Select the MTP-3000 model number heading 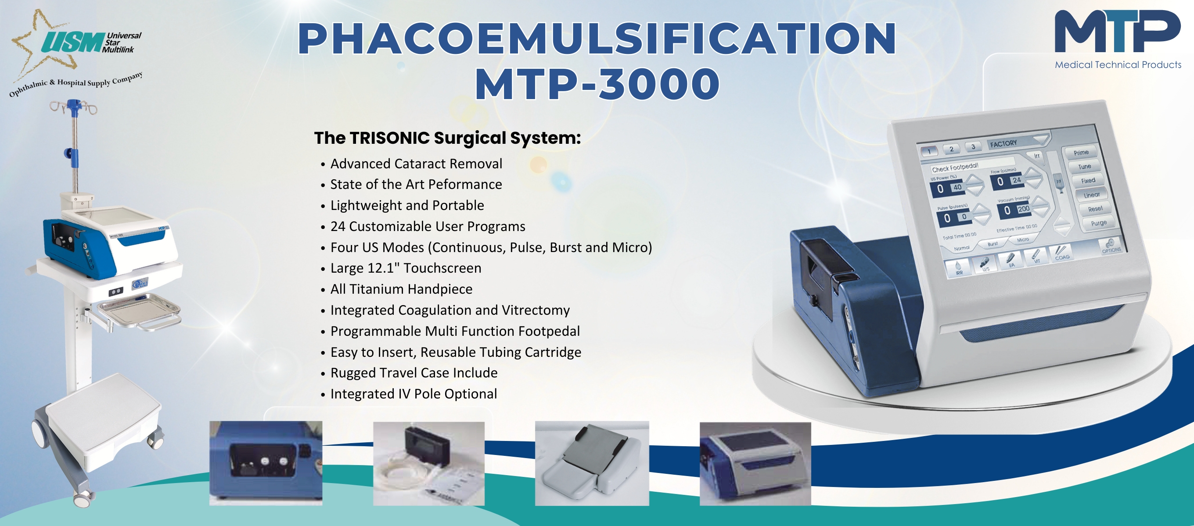click(x=597, y=84)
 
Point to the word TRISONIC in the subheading click(x=389, y=138)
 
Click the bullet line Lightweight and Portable click(x=407, y=205)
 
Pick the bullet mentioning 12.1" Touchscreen click(x=406, y=268)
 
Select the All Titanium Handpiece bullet click(x=401, y=289)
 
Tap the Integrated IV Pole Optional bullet click(x=414, y=394)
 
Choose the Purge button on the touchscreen click(x=1098, y=223)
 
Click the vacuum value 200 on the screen click(x=1023, y=209)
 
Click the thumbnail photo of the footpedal click(x=592, y=463)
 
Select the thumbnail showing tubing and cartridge click(x=429, y=463)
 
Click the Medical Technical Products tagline click(x=1118, y=65)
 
